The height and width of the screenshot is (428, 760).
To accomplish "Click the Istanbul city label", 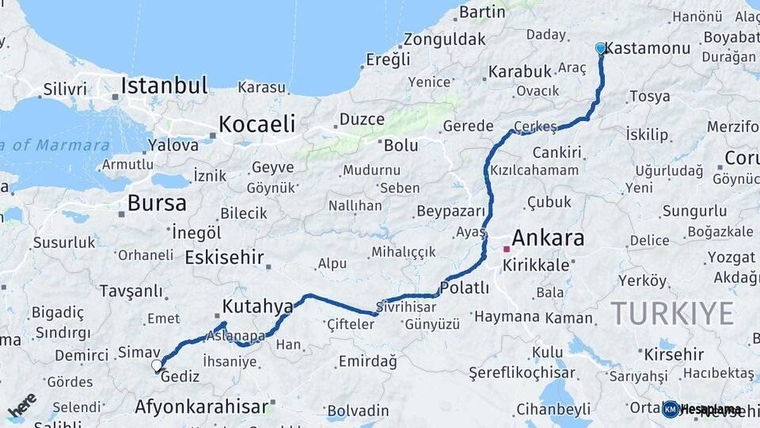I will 164,86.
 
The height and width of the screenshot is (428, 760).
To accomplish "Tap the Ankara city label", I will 548,238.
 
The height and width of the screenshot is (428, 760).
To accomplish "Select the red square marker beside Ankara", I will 507,249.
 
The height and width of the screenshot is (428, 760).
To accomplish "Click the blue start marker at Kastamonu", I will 600,48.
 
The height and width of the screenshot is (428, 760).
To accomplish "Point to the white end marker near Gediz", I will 157,365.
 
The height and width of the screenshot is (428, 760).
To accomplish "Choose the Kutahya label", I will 257,306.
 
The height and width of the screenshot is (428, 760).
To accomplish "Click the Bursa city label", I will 157,203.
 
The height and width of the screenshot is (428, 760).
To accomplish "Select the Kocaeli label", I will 256,124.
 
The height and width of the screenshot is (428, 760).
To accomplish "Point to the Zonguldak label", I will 444,39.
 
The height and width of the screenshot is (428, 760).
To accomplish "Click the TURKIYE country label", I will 672,314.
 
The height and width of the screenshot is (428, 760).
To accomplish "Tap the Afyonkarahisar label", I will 201,407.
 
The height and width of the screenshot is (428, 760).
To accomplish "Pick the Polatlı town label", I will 465,288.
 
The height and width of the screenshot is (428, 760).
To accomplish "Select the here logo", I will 22,405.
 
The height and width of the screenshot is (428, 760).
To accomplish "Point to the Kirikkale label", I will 536,266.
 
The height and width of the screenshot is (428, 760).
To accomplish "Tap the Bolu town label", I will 401,146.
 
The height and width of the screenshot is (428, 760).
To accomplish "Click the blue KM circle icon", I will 671,409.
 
